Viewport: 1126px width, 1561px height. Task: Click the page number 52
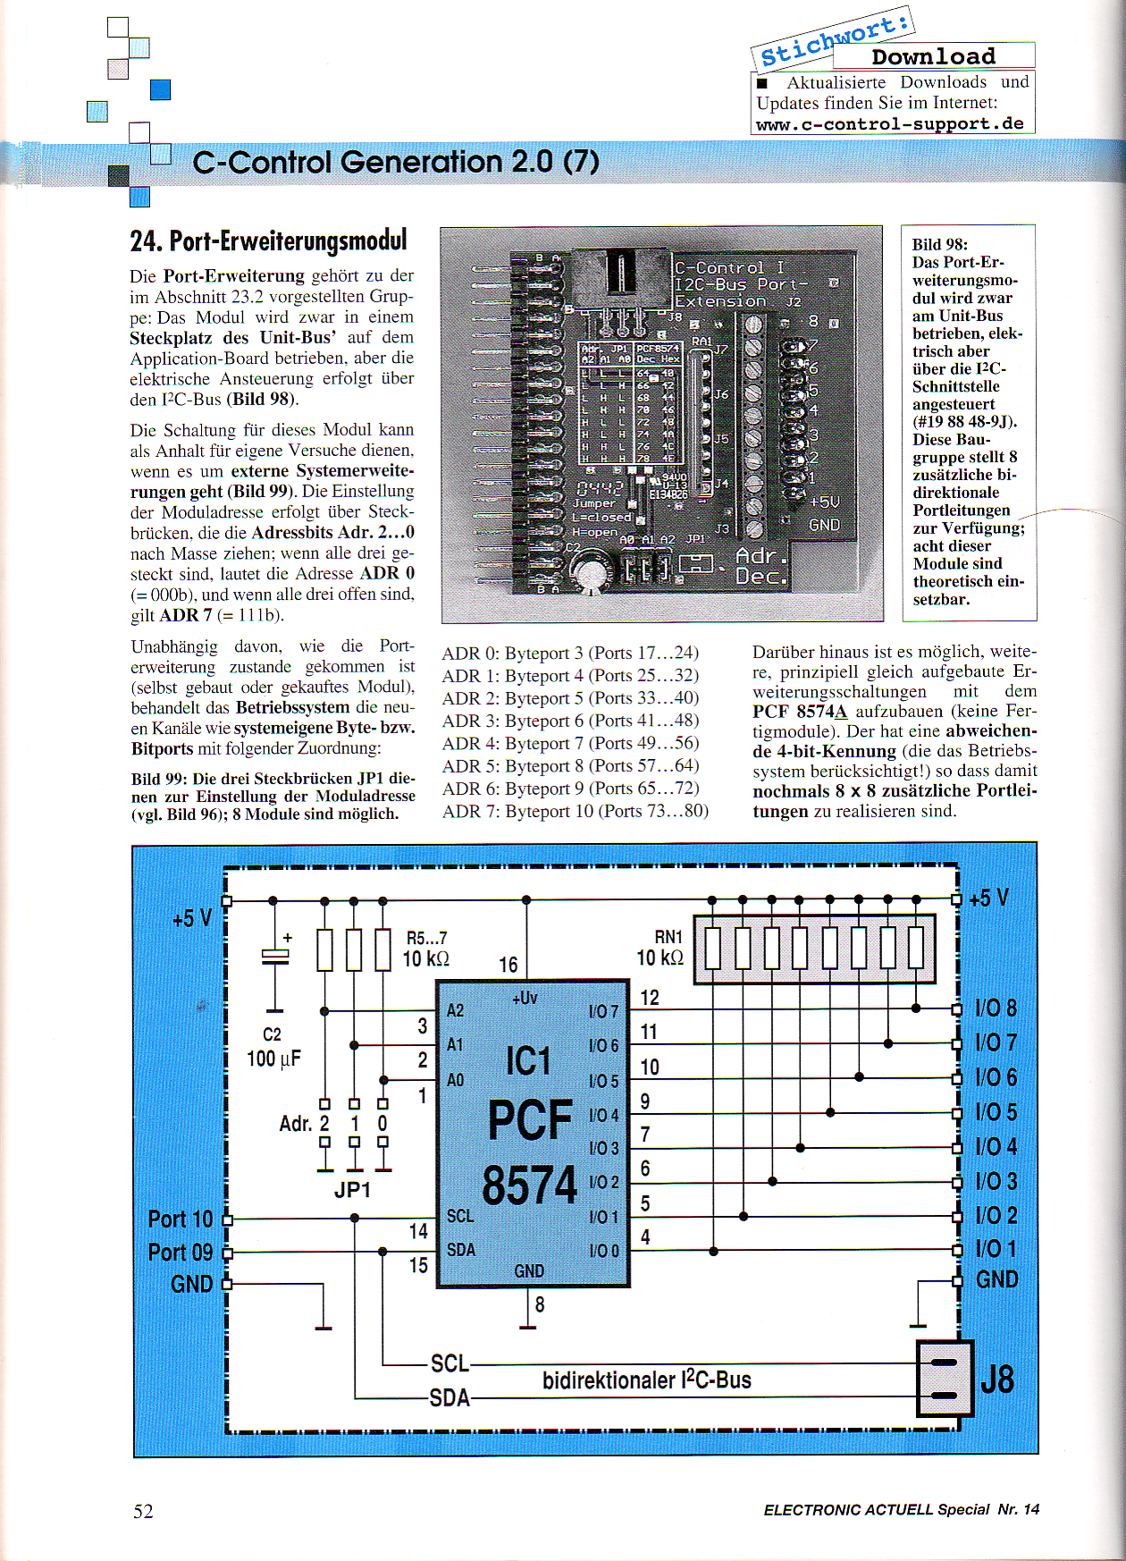pyautogui.click(x=143, y=1511)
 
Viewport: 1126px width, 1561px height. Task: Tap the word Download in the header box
pyautogui.click(x=933, y=56)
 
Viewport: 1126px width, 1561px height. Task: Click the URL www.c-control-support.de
pyautogui.click(x=889, y=124)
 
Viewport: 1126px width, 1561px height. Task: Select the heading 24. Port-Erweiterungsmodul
pyautogui.click(x=268, y=240)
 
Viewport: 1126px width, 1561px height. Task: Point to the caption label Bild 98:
pyautogui.click(x=939, y=244)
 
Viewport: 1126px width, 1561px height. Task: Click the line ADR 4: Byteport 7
pyautogui.click(x=570, y=743)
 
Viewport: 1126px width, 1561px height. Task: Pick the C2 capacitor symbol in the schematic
pyautogui.click(x=274, y=956)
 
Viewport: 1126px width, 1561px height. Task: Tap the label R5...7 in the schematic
pyautogui.click(x=426, y=938)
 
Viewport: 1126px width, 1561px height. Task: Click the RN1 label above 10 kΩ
pyautogui.click(x=668, y=937)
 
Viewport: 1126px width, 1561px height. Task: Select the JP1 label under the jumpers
pyautogui.click(x=352, y=1190)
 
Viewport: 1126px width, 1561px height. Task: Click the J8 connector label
pyautogui.click(x=997, y=1380)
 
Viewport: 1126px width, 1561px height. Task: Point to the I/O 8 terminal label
pyautogui.click(x=996, y=1008)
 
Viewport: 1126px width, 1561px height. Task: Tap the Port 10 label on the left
pyautogui.click(x=181, y=1219)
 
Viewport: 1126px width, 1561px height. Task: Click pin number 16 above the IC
pyautogui.click(x=508, y=965)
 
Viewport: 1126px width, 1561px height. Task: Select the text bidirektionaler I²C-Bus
pyautogui.click(x=646, y=1380)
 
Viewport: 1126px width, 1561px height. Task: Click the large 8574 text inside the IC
pyautogui.click(x=530, y=1186)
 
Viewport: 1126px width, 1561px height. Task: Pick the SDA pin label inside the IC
pyautogui.click(x=461, y=1250)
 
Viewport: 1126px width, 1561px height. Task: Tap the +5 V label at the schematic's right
pyautogui.click(x=988, y=898)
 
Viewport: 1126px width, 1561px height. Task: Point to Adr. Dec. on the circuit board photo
pyautogui.click(x=761, y=567)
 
